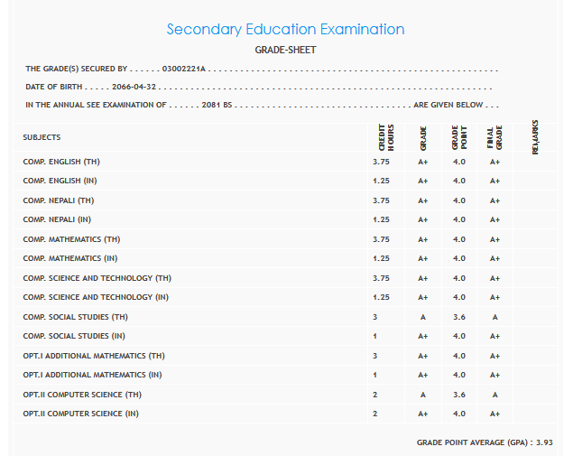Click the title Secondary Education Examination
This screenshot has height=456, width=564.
[285, 30]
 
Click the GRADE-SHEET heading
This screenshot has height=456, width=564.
[286, 51]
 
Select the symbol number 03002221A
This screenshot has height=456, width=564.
[185, 69]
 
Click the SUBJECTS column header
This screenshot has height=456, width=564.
[42, 137]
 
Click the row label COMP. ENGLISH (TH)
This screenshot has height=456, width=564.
[65, 162]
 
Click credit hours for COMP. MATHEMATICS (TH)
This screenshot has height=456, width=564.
[381, 239]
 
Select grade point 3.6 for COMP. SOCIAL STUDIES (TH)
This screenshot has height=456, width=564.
[459, 317]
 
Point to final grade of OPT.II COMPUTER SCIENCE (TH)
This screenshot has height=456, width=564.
[495, 395]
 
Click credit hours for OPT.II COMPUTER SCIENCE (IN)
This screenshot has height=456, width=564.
[374, 414]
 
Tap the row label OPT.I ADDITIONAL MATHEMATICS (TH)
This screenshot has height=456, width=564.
[94, 356]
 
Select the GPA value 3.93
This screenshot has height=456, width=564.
[543, 442]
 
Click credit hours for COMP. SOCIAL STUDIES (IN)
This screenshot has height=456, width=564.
[374, 336]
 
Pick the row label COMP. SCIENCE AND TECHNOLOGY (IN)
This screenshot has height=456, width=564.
[96, 297]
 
